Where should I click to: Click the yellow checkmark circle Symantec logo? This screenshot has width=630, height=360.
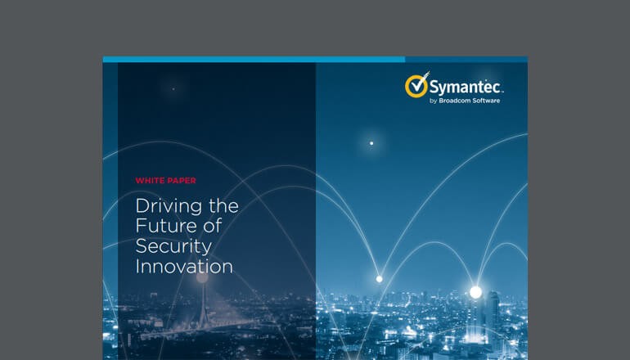pos(416,86)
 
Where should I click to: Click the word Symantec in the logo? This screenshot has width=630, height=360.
pos(463,87)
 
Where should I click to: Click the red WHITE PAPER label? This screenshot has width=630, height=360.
pos(165,181)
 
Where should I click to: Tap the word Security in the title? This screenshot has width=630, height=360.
pos(173,246)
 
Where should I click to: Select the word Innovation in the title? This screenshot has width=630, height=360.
pos(184,267)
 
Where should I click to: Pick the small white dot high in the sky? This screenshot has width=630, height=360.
pos(371,143)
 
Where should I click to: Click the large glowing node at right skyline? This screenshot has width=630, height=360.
pos(475,291)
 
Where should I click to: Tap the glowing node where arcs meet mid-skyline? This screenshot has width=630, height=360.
pos(379,279)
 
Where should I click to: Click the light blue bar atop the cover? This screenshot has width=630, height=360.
pos(254,59)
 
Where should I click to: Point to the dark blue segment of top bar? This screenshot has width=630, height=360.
pos(466,59)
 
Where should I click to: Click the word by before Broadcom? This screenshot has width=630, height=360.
pos(434,101)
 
